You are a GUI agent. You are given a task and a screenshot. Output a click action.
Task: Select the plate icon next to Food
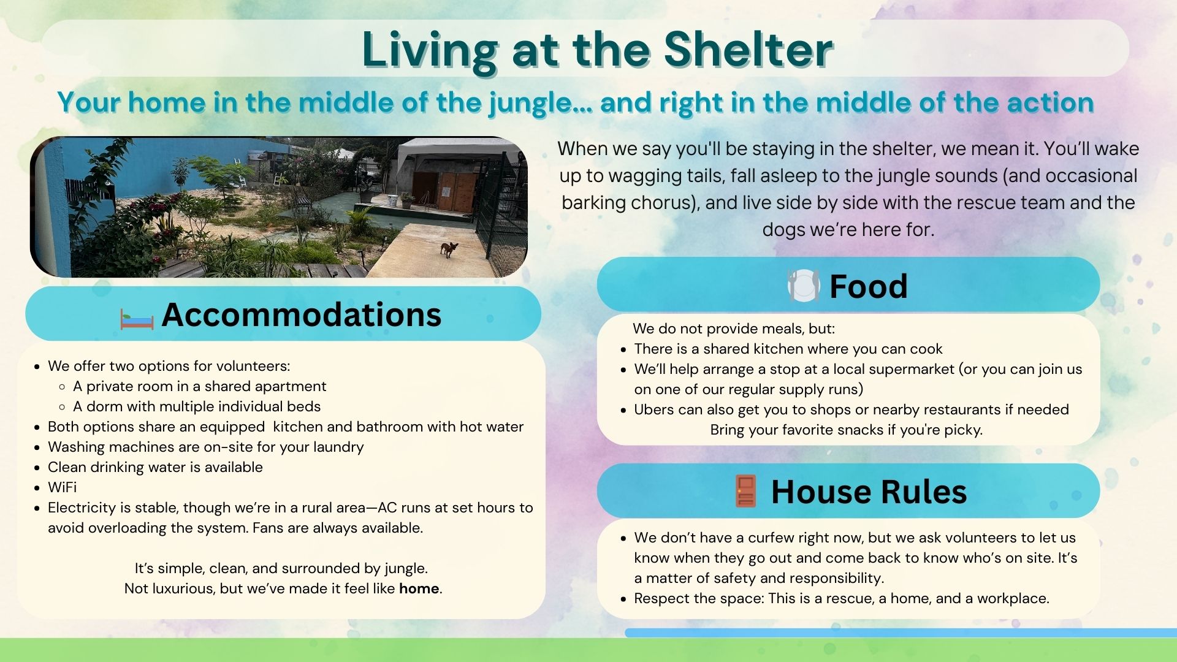tap(804, 286)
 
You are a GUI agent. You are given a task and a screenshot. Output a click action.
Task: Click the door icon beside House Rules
tap(745, 491)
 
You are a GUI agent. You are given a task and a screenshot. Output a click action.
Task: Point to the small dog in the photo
tap(449, 249)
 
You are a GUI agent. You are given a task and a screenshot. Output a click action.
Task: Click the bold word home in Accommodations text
tap(419, 588)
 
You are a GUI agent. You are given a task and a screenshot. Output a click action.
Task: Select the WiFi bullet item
tap(63, 487)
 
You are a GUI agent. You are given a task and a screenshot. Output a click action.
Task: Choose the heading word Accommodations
tap(301, 314)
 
